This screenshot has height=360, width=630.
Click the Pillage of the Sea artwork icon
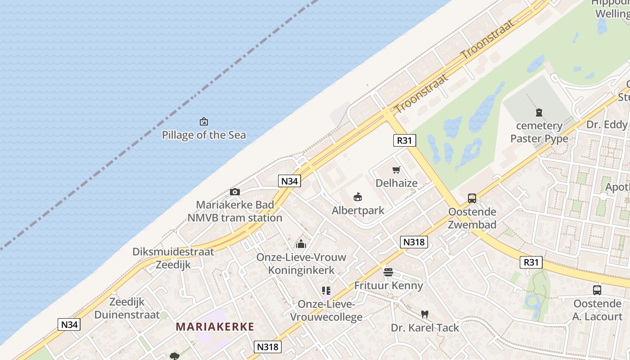[x=204, y=121]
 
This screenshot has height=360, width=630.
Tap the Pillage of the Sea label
[x=204, y=135]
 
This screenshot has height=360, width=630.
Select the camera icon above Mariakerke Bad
[x=234, y=192]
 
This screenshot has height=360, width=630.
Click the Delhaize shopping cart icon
[x=396, y=170]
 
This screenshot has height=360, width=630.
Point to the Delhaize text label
[x=396, y=183]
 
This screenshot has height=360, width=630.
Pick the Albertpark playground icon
[x=358, y=197]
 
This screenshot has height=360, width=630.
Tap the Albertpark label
[x=358, y=210]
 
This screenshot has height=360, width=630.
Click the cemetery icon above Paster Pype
[x=539, y=112]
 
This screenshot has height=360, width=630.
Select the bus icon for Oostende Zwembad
[x=472, y=198]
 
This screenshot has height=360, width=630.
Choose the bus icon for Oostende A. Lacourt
[x=597, y=290]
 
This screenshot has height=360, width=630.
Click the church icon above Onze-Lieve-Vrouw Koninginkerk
[x=301, y=244]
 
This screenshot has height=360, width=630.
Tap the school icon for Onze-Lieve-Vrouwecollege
[x=326, y=291]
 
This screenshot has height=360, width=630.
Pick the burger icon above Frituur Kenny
[x=388, y=272]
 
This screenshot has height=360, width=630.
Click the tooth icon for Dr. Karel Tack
[x=424, y=314]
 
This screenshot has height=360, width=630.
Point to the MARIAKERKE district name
[x=215, y=327]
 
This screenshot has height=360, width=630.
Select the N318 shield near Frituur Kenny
[x=414, y=242]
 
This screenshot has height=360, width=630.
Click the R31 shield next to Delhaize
[x=404, y=140]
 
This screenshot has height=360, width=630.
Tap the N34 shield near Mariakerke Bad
[x=289, y=181]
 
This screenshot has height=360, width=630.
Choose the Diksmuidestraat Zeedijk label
[x=173, y=258]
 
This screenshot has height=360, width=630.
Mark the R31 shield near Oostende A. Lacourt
[x=531, y=262]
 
